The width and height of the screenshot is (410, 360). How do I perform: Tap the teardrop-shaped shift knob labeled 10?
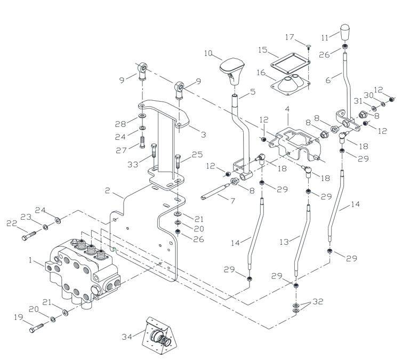[232, 71]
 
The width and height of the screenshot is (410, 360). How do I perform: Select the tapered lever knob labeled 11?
[345, 32]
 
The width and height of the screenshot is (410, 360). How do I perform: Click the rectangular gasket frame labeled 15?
[290, 62]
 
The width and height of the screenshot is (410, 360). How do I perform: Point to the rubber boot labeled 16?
[290, 84]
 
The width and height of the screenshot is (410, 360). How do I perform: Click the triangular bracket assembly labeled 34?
[158, 335]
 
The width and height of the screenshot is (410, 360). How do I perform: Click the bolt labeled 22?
[29, 236]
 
